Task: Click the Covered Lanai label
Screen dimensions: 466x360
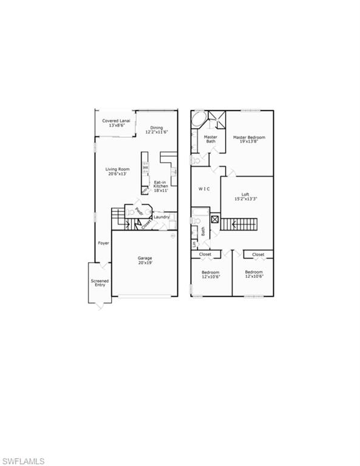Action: pos(115,121)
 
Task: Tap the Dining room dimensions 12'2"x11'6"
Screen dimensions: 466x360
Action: pos(157,132)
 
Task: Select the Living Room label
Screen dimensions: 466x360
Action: pos(116,169)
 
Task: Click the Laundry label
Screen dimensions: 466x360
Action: pos(161,217)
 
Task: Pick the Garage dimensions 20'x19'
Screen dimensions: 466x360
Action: pos(144,263)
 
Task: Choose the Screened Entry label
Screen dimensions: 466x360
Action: pos(99,282)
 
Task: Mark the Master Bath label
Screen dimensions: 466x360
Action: pos(211,139)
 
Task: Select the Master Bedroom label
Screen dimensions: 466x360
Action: pos(249,138)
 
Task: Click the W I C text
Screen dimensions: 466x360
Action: pos(205,189)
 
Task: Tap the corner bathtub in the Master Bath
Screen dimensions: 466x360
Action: pos(198,120)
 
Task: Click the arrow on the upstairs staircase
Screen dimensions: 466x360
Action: pos(227,225)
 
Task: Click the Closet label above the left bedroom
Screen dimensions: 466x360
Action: pos(205,254)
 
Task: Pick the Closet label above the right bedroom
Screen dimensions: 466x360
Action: pos(258,254)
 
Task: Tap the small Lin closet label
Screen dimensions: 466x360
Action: pos(194,245)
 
